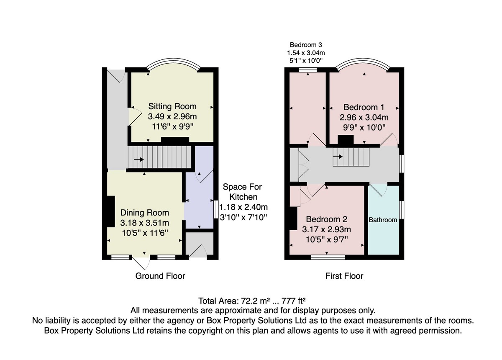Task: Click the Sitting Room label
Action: click(172, 106)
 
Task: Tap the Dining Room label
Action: click(145, 213)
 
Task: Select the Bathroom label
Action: click(383, 220)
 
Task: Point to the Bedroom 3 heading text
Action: click(306, 45)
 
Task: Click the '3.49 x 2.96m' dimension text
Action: click(172, 116)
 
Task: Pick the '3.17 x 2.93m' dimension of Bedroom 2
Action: click(326, 229)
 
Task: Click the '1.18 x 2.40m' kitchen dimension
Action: click(243, 207)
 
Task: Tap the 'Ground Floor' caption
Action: click(160, 276)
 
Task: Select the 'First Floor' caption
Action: click(344, 276)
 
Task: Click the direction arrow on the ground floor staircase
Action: click(139, 159)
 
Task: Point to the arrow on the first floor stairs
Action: click(338, 157)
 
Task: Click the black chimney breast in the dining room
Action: click(111, 212)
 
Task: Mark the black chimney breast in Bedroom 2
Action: click(293, 219)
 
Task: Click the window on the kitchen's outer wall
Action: click(215, 209)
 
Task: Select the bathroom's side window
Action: click(402, 210)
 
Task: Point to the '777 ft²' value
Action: click(294, 301)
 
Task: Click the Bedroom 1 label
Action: click(364, 107)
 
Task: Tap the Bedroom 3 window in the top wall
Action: click(308, 70)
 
